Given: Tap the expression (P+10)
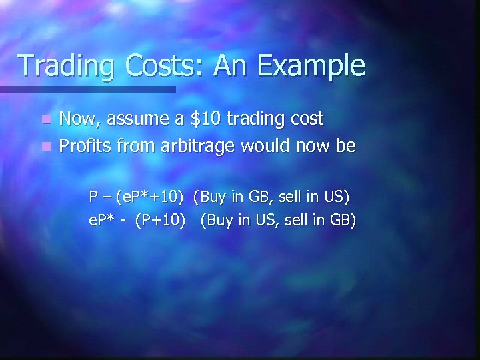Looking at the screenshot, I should [160, 220].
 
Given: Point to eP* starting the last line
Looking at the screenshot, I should [103, 220].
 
